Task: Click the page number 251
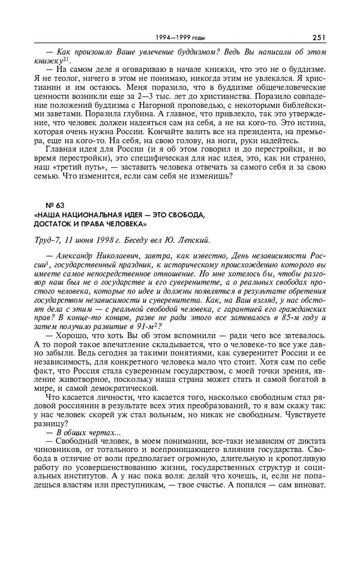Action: coord(319,37)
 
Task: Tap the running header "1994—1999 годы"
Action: coord(179,37)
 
